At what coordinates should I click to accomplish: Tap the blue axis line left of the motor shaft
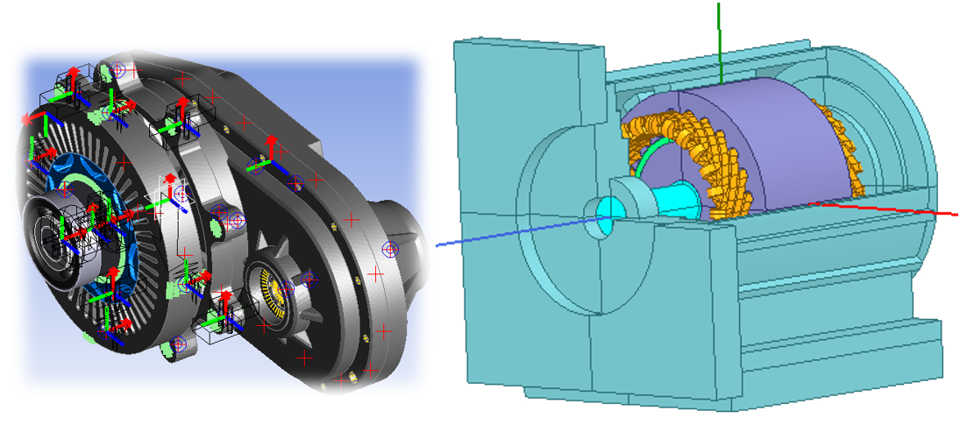coord(508,233)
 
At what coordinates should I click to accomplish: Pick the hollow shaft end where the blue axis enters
coord(604,216)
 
